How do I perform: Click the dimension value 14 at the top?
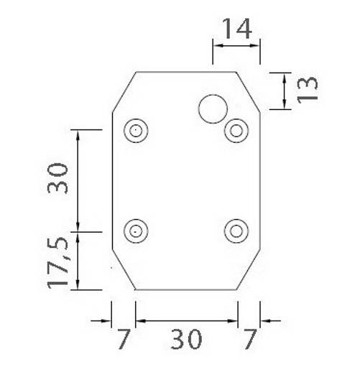236,29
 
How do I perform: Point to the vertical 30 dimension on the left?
57,178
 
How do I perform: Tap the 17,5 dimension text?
59,262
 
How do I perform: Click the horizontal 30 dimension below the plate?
186,339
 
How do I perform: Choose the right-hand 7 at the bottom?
249,339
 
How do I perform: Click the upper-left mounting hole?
135,131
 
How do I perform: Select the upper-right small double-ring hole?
236,131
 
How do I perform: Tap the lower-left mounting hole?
135,231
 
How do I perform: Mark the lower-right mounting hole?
236,231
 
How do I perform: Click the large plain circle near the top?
213,109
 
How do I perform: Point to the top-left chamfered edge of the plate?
124,92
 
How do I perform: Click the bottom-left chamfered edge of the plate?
124,271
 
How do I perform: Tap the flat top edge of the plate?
186,72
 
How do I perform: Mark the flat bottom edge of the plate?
186,290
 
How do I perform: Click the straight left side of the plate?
113,180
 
